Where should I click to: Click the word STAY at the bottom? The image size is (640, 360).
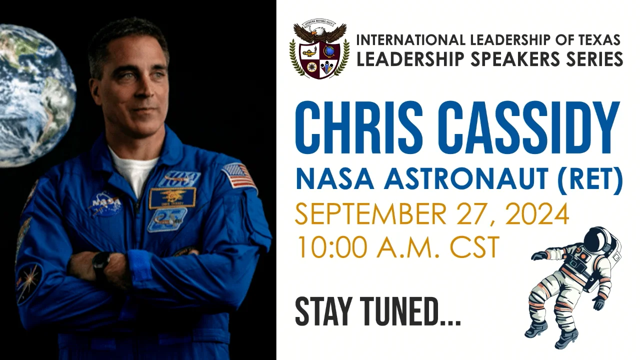pyautogui.click(x=325, y=312)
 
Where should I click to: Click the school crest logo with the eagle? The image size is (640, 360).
pyautogui.click(x=319, y=50)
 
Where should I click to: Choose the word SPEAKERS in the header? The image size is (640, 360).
pyautogui.click(x=505, y=59)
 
